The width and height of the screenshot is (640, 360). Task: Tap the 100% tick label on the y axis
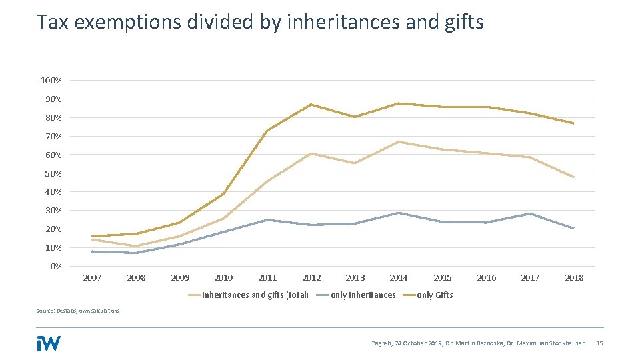point(51,81)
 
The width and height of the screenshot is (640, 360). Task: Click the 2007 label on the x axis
point(92,278)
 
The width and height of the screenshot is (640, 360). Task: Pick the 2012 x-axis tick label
point(311,278)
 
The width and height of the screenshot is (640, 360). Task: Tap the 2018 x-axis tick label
point(574,278)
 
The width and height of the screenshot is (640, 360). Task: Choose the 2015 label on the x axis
point(443,278)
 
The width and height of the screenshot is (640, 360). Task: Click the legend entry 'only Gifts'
point(435,295)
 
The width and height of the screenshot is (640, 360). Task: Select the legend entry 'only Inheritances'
point(363,295)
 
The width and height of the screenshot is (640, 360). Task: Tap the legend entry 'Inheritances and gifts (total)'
point(255,295)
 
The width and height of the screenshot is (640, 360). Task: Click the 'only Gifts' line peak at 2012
point(311,105)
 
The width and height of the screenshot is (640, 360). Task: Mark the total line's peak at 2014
point(399,142)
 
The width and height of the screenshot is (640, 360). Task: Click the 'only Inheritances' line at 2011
point(267,220)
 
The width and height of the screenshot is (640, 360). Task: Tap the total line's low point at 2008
point(136,247)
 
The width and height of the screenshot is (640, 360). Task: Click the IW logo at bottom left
point(49,343)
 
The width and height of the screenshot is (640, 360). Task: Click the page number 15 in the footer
point(599,343)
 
